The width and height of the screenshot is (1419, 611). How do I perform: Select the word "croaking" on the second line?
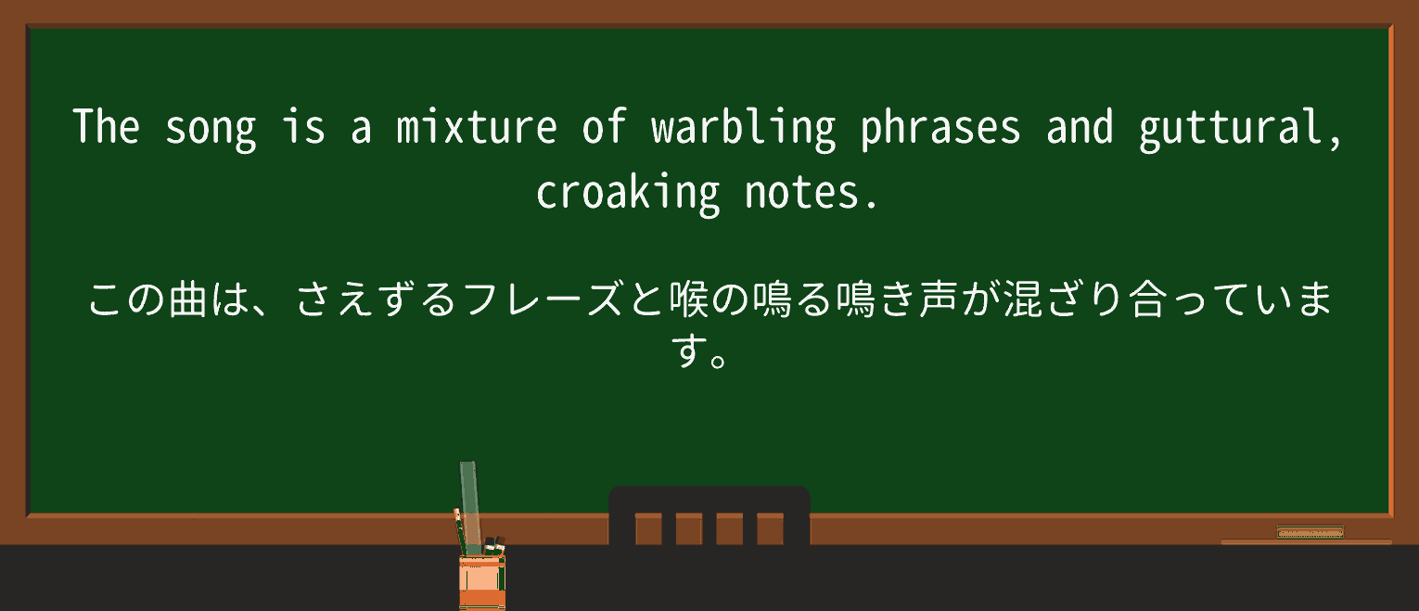coord(628,194)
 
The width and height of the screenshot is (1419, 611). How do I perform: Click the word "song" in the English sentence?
coord(211,128)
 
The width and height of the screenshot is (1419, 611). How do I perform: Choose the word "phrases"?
coord(940,128)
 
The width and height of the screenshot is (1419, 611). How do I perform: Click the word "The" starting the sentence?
coord(107,128)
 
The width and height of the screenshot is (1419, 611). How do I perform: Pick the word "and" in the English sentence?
coord(1080,128)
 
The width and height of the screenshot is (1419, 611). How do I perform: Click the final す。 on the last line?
coord(700,353)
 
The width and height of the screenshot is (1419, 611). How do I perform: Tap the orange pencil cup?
coord(481,582)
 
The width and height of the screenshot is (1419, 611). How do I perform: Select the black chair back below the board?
coord(709,516)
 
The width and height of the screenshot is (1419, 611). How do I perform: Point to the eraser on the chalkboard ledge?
coord(1310,532)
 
